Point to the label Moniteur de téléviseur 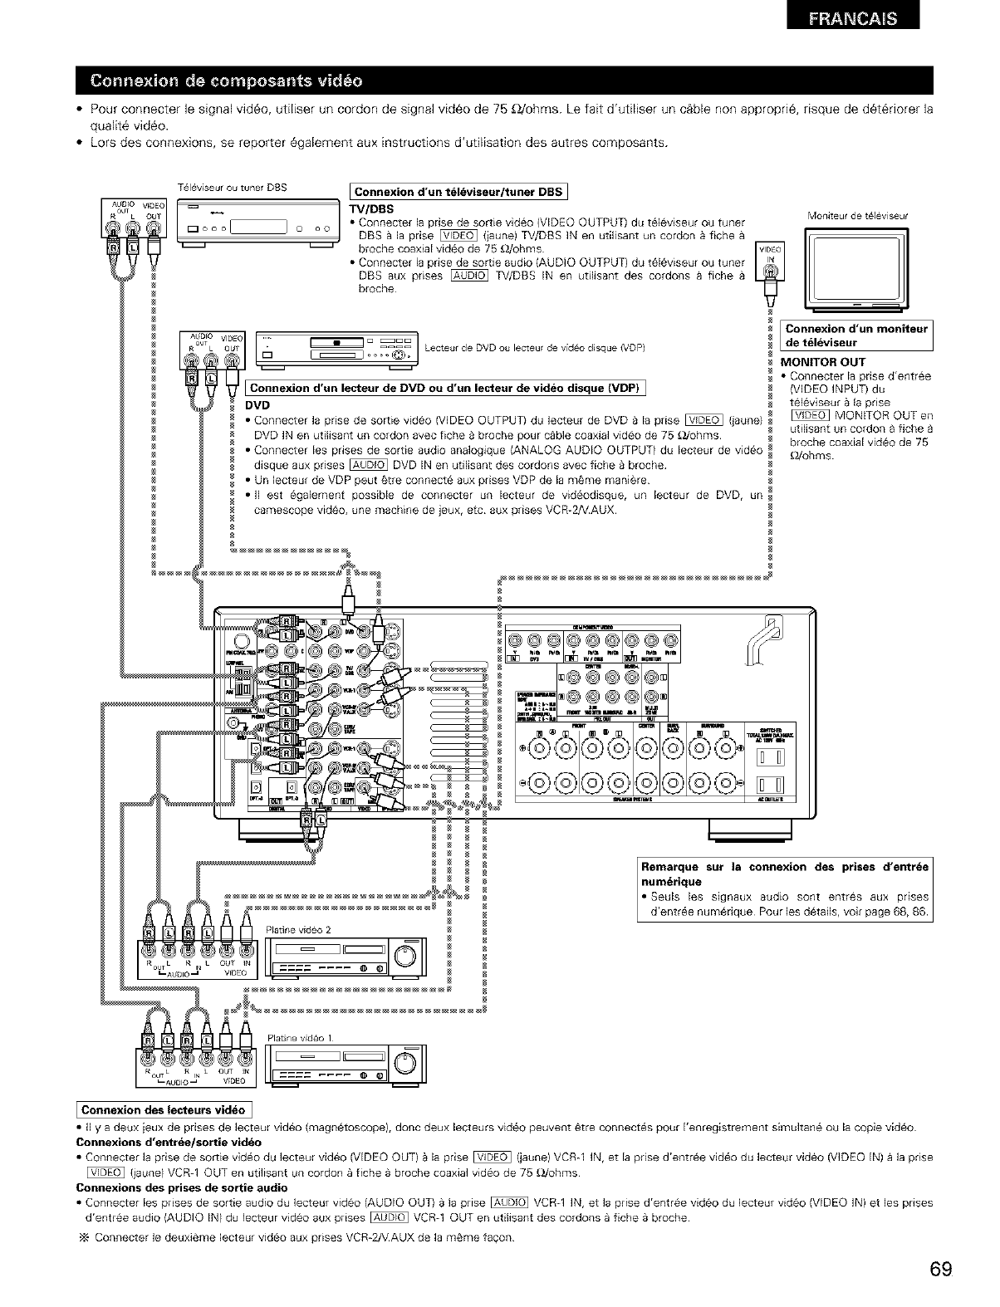(x=857, y=217)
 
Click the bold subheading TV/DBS (x=370, y=209)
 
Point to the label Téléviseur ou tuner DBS (x=232, y=188)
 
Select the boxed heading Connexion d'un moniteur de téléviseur (x=855, y=335)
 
